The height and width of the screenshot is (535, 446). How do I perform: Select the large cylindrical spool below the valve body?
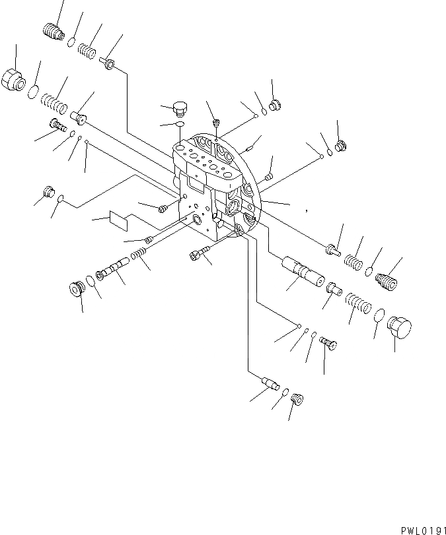point(301,270)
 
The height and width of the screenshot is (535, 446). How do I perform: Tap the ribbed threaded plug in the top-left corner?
point(52,31)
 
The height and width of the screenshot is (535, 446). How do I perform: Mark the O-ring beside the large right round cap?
point(379,317)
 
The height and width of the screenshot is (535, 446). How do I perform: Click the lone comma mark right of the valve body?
point(306,210)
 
